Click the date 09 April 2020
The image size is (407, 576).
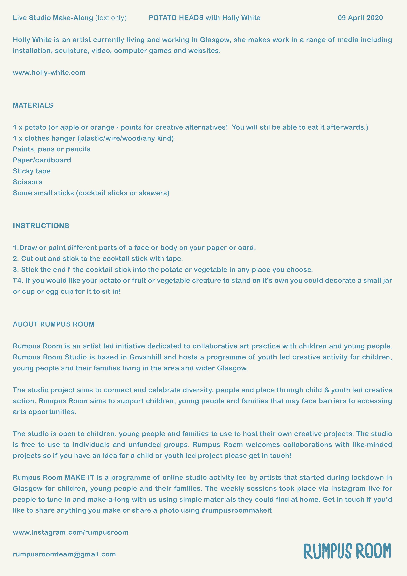pos(360,18)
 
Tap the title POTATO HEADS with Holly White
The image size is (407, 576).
pos(205,18)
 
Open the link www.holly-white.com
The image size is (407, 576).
pos(49,73)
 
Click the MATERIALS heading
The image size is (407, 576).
pos(33,105)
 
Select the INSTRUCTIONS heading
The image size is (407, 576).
pos(41,226)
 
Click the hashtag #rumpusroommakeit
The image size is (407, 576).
pos(236,510)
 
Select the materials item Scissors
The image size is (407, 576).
pos(28,182)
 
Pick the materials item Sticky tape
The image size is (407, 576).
pos(32,171)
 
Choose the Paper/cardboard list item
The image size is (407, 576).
pos(42,160)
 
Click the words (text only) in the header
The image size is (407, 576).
pos(111,18)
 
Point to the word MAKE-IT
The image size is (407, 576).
pos(79,477)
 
